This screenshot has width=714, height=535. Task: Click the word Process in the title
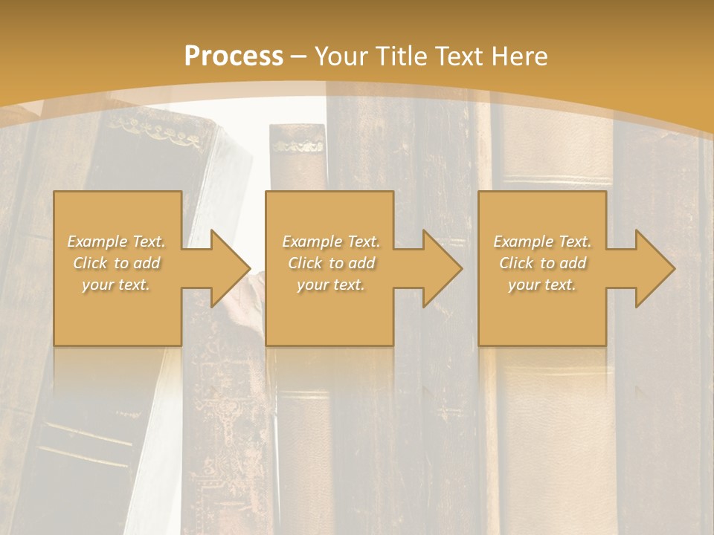tap(234, 56)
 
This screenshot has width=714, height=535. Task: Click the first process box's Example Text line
tap(116, 241)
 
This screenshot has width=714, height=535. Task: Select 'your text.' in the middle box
tap(331, 285)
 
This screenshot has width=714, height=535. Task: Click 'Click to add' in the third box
tap(542, 263)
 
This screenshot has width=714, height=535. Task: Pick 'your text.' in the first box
tap(116, 285)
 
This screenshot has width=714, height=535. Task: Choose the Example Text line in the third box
tap(542, 241)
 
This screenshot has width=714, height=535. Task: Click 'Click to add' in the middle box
tap(331, 263)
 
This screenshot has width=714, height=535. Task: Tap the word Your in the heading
tap(341, 56)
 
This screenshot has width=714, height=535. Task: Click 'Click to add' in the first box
tap(116, 263)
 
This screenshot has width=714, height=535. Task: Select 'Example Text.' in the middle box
tap(331, 241)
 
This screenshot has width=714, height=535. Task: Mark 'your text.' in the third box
tap(542, 285)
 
